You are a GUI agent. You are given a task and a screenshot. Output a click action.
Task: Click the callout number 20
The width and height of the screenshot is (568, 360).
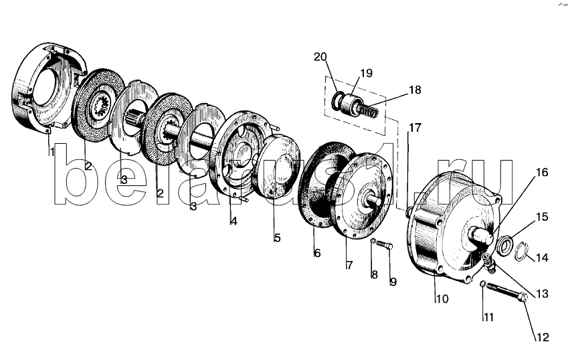click(x=320, y=58)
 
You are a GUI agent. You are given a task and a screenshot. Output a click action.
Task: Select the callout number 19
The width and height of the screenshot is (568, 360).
click(x=366, y=73)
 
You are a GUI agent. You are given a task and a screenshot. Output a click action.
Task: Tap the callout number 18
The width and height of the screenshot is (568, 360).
click(x=415, y=90)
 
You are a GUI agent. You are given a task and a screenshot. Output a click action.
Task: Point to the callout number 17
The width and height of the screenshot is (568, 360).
click(x=415, y=128)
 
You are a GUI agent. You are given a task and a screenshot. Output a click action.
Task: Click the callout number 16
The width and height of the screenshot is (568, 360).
click(x=542, y=172)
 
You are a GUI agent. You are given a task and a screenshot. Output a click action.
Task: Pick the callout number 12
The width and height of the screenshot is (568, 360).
click(x=543, y=337)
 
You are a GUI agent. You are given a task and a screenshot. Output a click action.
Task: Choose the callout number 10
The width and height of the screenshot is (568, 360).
click(x=442, y=299)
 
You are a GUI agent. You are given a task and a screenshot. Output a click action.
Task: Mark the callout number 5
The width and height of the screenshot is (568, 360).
click(x=277, y=238)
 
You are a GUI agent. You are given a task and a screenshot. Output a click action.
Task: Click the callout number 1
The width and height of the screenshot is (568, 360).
click(x=52, y=151)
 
